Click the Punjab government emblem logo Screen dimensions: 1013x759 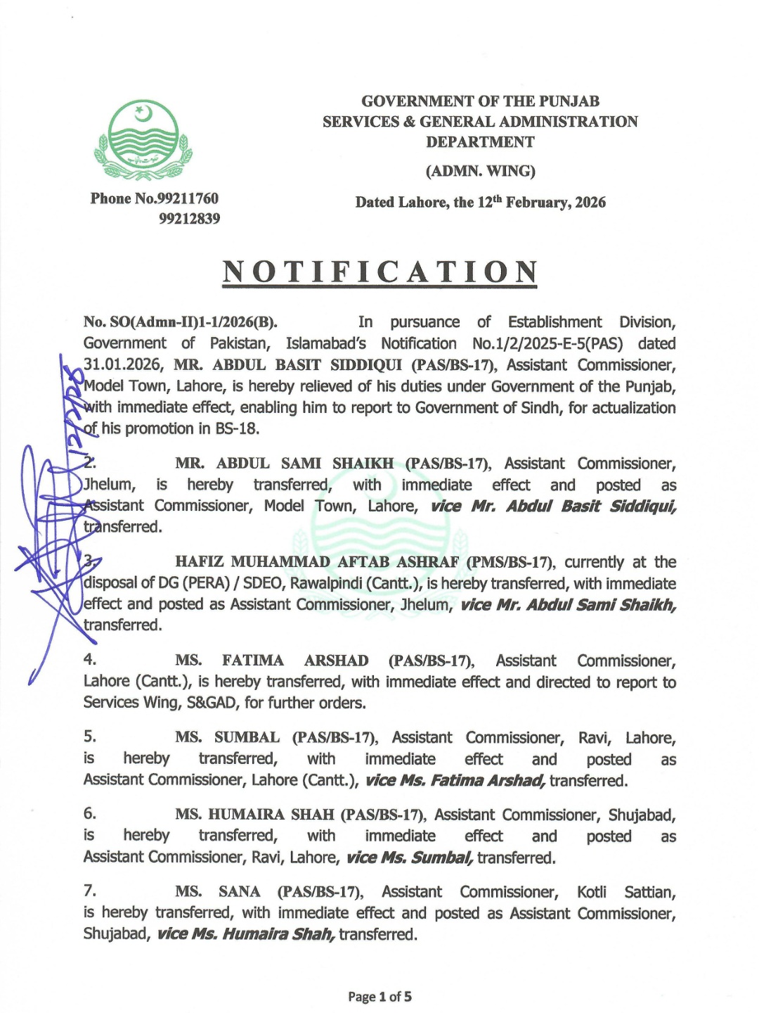click(143, 141)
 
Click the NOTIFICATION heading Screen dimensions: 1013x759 click(380, 272)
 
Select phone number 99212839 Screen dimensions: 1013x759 click(189, 219)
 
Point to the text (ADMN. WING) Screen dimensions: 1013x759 click(480, 171)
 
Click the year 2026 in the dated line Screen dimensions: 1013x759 click(590, 203)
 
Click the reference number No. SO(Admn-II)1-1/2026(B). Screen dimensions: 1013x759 click(181, 322)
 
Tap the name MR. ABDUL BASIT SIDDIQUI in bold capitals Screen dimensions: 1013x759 click(288, 365)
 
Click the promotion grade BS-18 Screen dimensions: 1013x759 click(237, 429)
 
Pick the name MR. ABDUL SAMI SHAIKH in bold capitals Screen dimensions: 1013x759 click(284, 464)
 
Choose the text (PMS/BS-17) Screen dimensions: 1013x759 click(510, 562)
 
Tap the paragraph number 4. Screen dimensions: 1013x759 click(90, 660)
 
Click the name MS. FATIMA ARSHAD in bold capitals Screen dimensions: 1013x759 click(271, 661)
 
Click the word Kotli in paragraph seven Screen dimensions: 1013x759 click(592, 892)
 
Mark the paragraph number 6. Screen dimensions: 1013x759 click(90, 814)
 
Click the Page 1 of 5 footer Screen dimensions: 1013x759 click(379, 997)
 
